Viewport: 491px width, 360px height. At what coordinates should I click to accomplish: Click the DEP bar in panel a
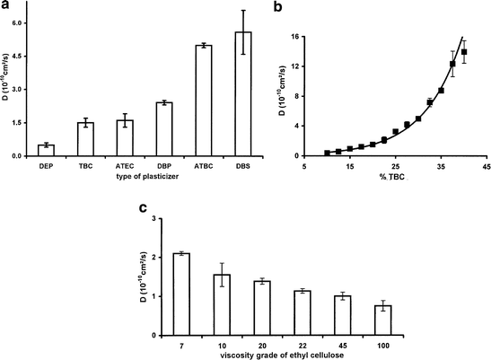(x=46, y=150)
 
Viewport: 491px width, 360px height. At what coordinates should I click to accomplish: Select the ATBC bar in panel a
(x=204, y=101)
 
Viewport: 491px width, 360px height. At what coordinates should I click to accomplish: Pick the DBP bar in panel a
(x=164, y=129)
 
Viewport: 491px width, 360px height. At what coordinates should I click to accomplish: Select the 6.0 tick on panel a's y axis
(x=17, y=22)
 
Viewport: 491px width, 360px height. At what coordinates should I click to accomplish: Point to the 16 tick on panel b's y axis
(x=294, y=37)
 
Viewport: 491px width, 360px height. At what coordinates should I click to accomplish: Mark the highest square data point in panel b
(x=464, y=52)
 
